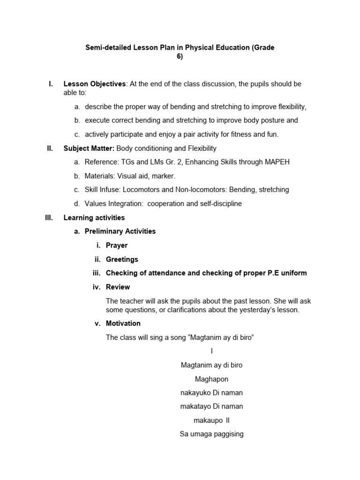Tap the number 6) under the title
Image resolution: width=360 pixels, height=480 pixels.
[180, 57]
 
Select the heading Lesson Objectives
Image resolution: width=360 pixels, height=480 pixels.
[94, 84]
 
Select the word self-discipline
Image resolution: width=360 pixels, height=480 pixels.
[219, 204]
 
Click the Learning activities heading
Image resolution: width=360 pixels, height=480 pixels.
[94, 217]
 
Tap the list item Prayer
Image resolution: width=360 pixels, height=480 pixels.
[116, 245]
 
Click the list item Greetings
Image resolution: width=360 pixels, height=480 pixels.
[122, 259]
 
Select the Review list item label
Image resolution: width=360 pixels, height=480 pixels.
[118, 287]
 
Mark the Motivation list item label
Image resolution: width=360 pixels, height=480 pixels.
[123, 323]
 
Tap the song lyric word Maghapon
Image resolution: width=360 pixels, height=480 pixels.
[211, 379]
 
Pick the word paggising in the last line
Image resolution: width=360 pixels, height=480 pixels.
[227, 434]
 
